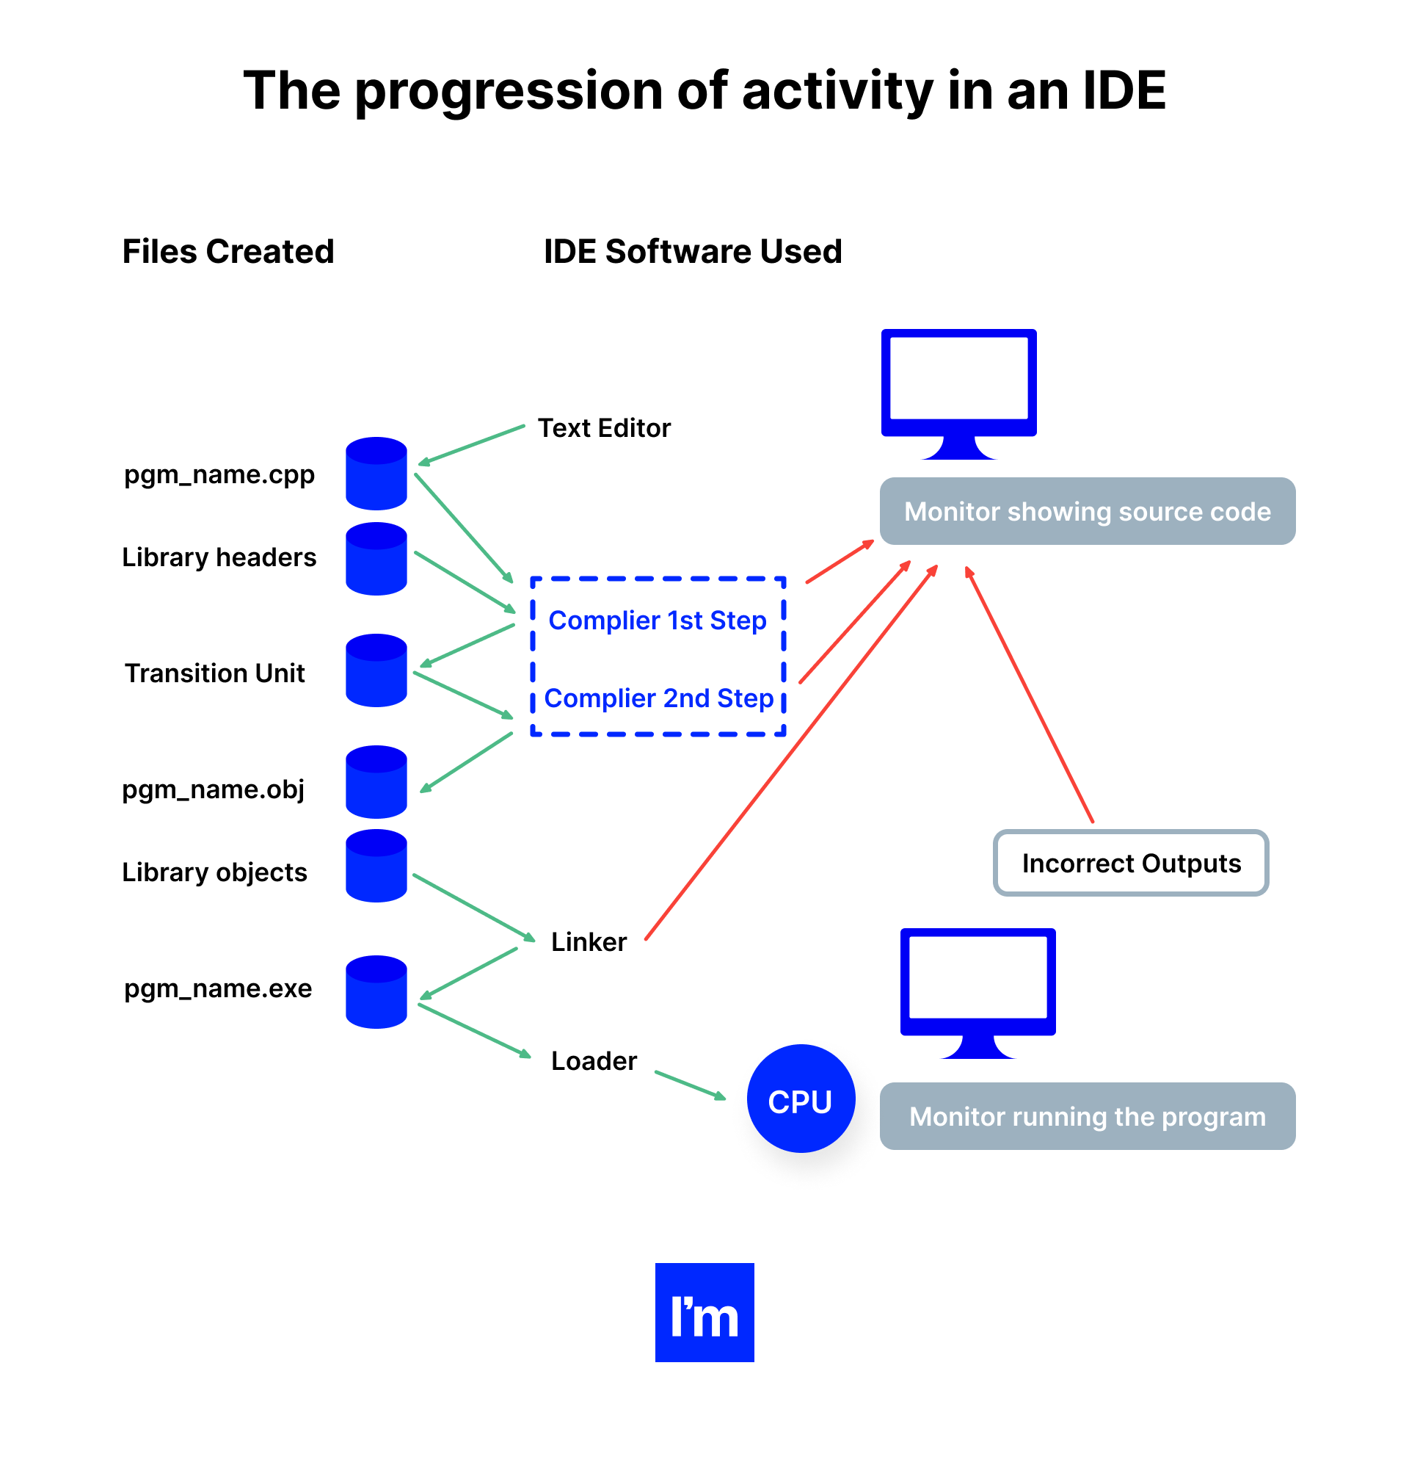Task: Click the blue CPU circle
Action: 801,1098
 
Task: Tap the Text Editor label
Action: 604,428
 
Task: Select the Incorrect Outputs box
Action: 1130,863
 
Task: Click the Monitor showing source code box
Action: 1087,511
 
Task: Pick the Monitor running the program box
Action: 1087,1116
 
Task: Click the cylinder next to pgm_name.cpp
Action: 376,474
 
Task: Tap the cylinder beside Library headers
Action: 376,559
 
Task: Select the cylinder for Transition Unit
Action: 376,670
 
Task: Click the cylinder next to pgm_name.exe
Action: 376,992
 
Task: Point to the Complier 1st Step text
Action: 658,621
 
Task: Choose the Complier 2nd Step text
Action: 659,698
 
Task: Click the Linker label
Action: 588,941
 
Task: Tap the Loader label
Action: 594,1060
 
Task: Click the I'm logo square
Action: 704,1312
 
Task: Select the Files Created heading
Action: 227,251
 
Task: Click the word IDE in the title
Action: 1124,90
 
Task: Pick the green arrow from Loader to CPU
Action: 690,1085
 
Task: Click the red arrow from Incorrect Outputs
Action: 1029,695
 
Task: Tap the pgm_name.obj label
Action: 214,789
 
